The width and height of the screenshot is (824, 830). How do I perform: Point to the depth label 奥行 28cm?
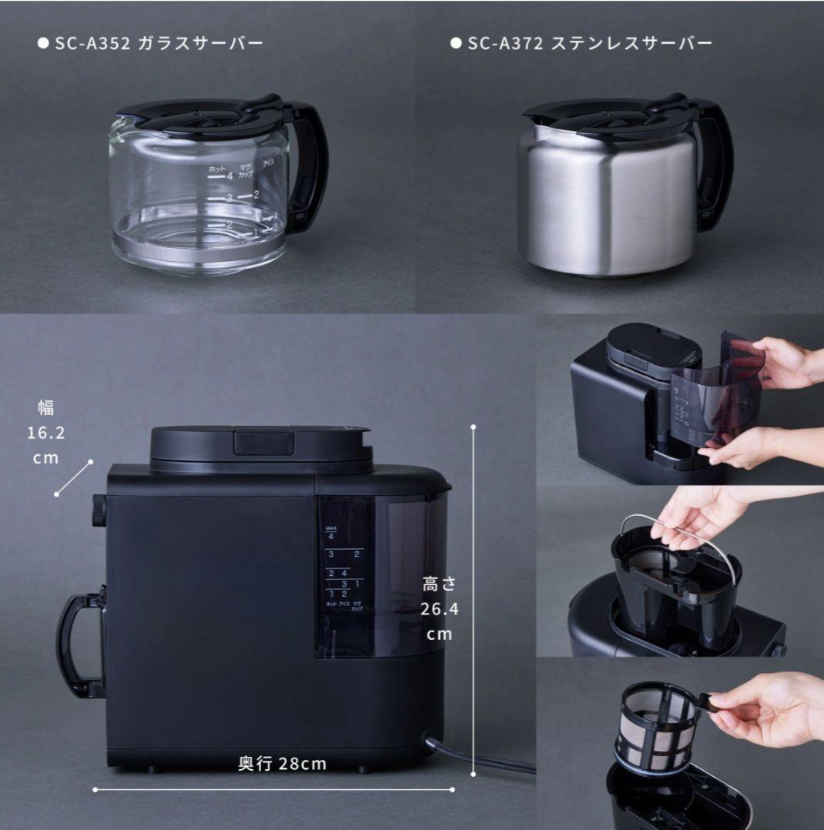(x=282, y=764)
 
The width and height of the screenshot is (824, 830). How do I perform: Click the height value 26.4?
(x=440, y=610)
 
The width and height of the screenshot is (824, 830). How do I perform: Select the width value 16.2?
(x=46, y=433)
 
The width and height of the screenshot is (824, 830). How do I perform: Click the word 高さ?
(x=440, y=584)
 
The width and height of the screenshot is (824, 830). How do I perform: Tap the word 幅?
(x=46, y=407)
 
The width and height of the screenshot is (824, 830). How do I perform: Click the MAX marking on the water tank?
(x=331, y=526)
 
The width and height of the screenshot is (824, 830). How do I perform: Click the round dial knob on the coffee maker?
(x=99, y=510)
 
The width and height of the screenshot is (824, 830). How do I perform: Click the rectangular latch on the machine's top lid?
(x=264, y=443)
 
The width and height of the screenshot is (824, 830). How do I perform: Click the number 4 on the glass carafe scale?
(x=229, y=176)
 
